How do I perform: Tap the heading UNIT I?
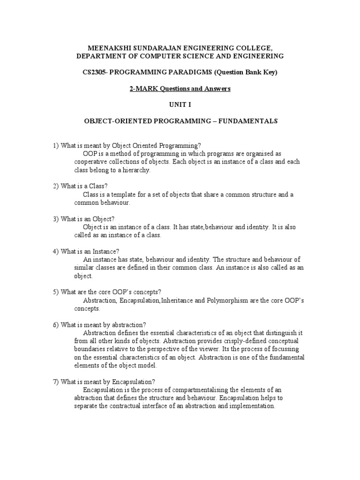(x=180, y=105)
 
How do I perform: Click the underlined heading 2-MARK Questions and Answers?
(x=180, y=89)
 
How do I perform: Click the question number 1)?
(x=56, y=145)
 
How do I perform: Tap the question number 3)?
(x=56, y=219)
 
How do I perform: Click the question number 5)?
(x=56, y=292)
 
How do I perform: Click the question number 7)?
(x=56, y=382)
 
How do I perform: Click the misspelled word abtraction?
(x=90, y=398)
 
